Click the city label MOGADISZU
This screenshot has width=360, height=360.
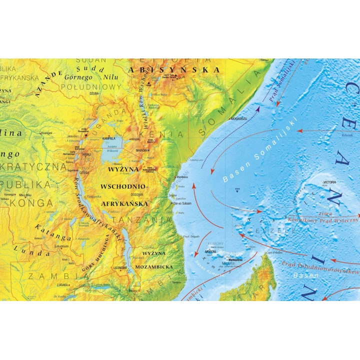pos(238,118)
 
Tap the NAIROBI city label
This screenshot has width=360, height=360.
pos(141,149)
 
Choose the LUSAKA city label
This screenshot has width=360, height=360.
pos(62,284)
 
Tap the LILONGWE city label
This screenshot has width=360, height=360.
pos(121,268)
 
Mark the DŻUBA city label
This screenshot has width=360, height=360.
pos(93,93)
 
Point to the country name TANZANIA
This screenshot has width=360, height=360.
pos(142,219)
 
